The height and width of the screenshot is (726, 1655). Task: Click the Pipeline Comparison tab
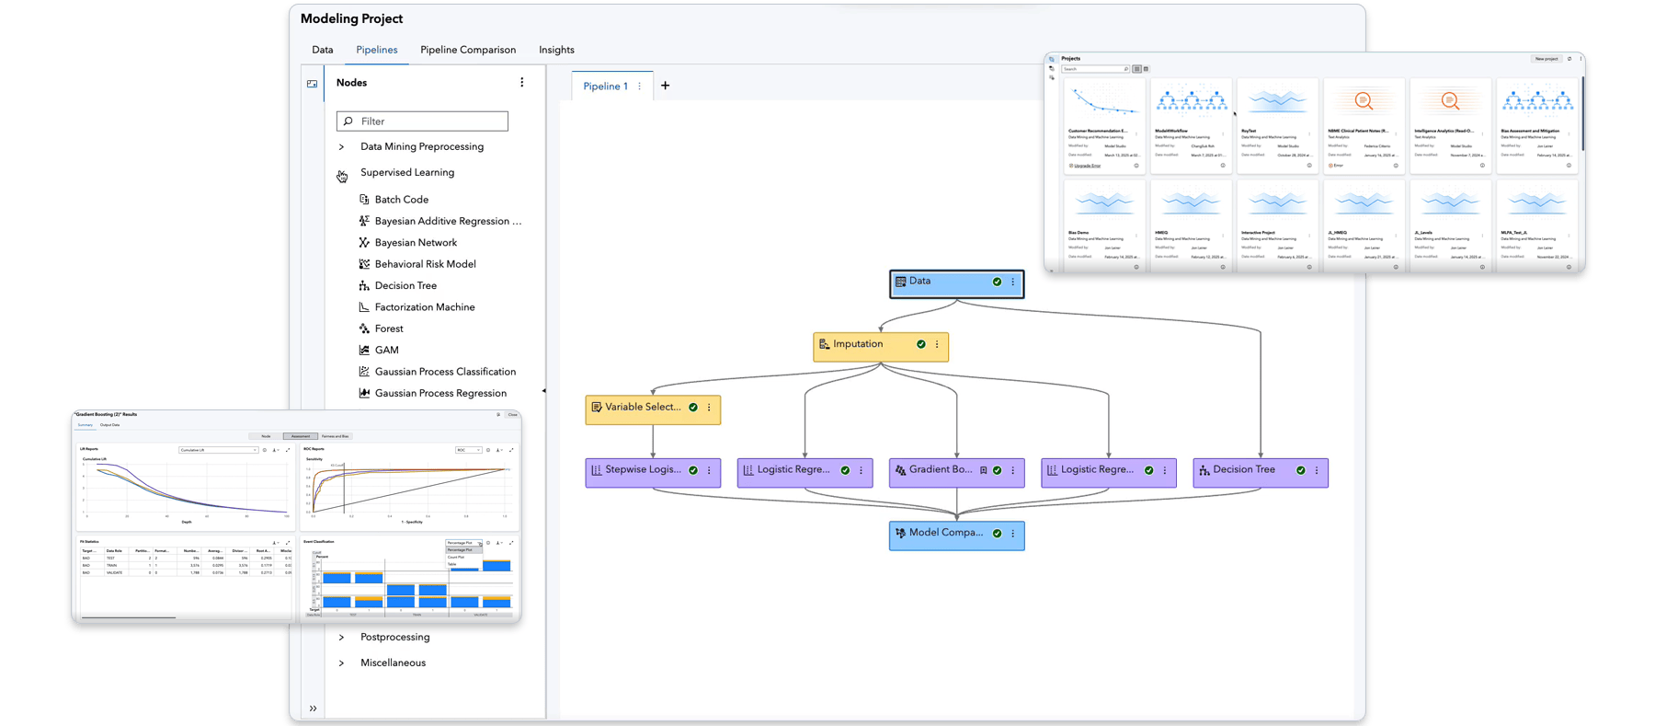(468, 50)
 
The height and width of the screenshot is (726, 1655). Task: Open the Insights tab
(556, 50)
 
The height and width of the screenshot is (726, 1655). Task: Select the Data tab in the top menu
(322, 50)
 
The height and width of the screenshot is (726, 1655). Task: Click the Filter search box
(423, 121)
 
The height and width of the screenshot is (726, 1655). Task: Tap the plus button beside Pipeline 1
(665, 86)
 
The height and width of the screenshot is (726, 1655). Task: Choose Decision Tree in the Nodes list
(405, 285)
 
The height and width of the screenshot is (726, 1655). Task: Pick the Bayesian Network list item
(416, 243)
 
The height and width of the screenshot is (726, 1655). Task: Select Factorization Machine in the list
(425, 307)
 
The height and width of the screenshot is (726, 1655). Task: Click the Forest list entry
(389, 328)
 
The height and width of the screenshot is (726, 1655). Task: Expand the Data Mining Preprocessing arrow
(341, 147)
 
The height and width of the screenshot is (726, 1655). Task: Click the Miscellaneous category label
(393, 663)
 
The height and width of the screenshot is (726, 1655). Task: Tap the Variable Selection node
(642, 408)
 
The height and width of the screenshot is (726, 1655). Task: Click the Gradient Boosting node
(940, 470)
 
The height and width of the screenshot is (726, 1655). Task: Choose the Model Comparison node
(945, 534)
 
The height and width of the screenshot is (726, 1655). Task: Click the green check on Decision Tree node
(1300, 470)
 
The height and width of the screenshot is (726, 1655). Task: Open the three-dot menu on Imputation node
(937, 345)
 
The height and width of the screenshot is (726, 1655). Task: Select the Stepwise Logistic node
(642, 470)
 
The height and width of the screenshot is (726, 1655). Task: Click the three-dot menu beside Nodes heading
(522, 83)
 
